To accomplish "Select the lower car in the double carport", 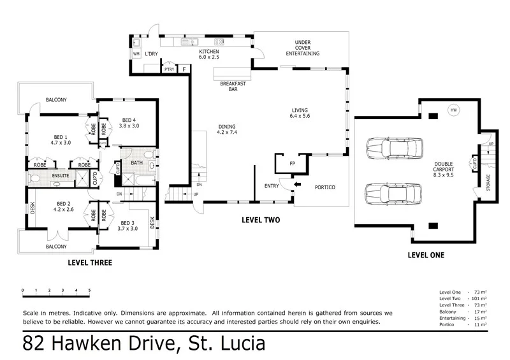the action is click(393, 192).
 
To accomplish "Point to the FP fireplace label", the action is click(292, 164).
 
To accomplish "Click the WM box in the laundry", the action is click(136, 54).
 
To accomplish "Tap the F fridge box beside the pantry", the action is click(184, 69).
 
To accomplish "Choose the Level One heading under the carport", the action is click(426, 256).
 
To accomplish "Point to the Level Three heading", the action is click(90, 263).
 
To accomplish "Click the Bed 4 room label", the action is click(129, 123).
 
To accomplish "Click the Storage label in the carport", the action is click(488, 182).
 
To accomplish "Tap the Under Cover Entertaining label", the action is click(303, 48).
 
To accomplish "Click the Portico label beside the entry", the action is click(325, 187).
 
